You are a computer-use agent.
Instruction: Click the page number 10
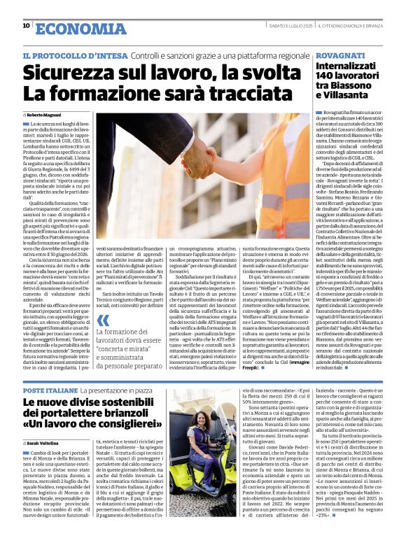(x=26, y=25)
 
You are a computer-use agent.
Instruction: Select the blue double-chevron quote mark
(x=103, y=322)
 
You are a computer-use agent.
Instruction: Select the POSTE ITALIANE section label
(x=49, y=388)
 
